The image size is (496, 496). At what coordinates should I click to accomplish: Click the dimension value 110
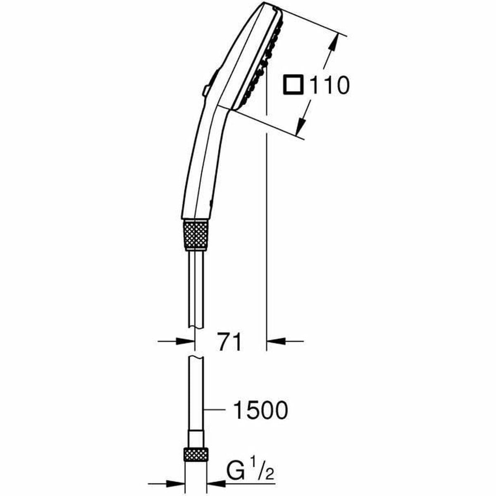329,86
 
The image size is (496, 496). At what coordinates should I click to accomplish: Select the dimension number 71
230,341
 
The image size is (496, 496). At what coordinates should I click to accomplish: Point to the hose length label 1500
260,410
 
